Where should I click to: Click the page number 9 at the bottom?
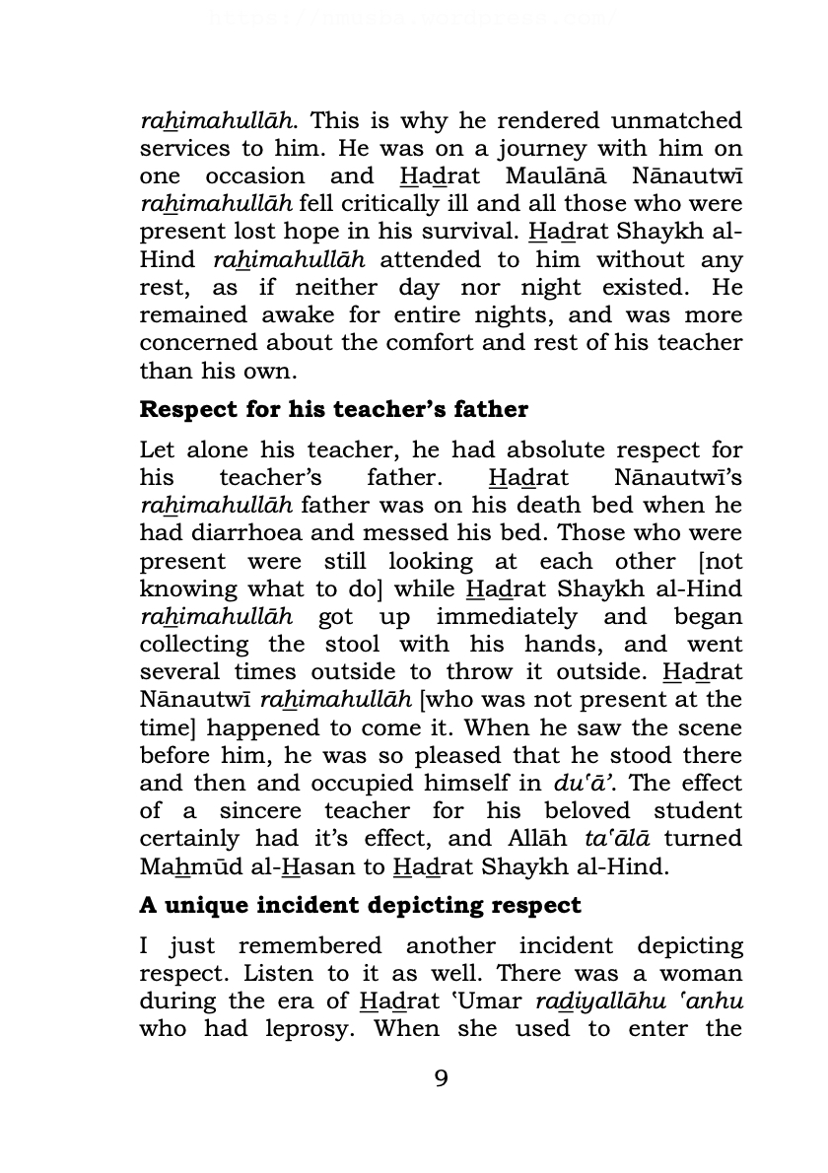coord(441,1078)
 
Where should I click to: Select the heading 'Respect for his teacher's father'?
coord(334,409)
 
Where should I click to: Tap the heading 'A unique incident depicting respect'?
coord(361,905)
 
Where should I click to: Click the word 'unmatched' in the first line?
coord(676,121)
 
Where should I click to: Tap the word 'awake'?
coord(293,315)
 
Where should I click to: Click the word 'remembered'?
coord(310,946)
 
